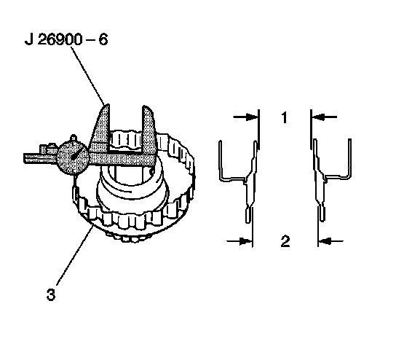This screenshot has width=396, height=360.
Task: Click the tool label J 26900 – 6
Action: point(66,40)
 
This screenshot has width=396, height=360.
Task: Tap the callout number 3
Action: point(51,294)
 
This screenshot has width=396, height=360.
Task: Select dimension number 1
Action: point(285,117)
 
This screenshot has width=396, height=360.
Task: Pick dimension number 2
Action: point(285,241)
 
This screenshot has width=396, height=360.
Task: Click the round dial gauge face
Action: point(73,157)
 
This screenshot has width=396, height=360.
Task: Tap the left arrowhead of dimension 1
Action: point(251,117)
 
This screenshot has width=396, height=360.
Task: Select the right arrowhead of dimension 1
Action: point(318,117)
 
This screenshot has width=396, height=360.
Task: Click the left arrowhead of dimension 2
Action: point(245,241)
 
